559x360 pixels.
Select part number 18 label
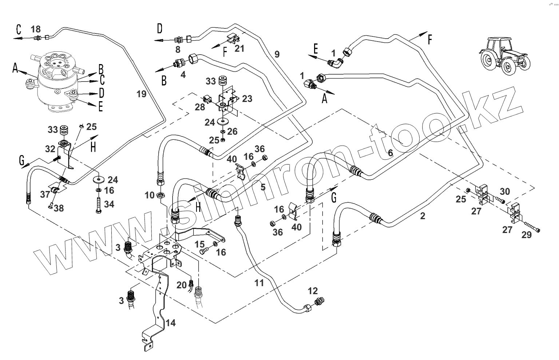pyautogui.click(x=36, y=29)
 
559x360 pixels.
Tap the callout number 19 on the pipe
pyautogui.click(x=141, y=94)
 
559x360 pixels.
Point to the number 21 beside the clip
pyautogui.click(x=239, y=48)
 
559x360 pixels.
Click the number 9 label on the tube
pyautogui.click(x=277, y=54)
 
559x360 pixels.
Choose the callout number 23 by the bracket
pyautogui.click(x=247, y=99)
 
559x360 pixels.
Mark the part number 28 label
pyautogui.click(x=200, y=107)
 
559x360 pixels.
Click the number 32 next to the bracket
pyautogui.click(x=50, y=149)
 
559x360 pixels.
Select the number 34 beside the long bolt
pyautogui.click(x=109, y=204)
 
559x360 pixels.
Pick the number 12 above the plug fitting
pyautogui.click(x=313, y=291)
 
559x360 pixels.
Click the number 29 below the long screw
pyautogui.click(x=527, y=235)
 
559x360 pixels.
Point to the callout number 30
pyautogui.click(x=505, y=191)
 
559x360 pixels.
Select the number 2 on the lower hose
pyautogui.click(x=423, y=216)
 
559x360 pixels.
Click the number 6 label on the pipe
pyautogui.click(x=390, y=153)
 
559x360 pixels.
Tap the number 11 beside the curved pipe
pyautogui.click(x=259, y=283)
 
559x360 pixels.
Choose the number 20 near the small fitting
pyautogui.click(x=182, y=285)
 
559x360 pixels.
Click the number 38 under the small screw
pyautogui.click(x=58, y=208)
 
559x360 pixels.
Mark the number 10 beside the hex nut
pyautogui.click(x=150, y=195)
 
